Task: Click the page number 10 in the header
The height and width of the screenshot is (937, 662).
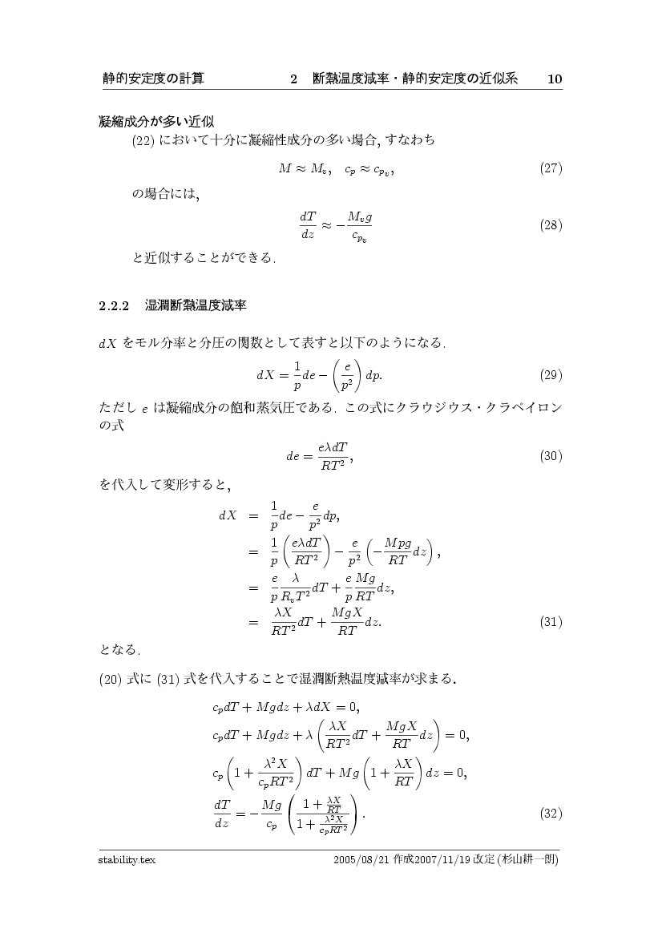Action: pos(555,79)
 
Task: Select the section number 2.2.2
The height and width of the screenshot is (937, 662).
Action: pos(114,305)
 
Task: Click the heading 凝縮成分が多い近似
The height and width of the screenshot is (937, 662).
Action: pos(155,122)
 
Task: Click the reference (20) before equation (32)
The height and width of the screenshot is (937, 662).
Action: pos(110,681)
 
